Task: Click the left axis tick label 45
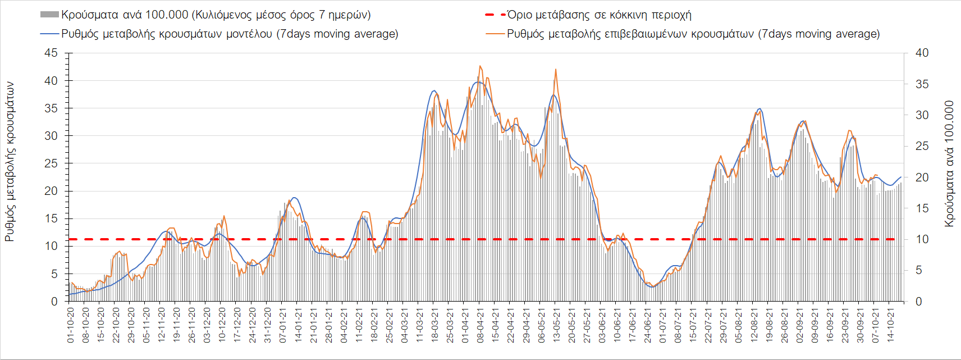click(x=51, y=53)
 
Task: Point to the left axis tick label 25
click(x=51, y=163)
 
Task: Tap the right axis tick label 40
click(x=922, y=53)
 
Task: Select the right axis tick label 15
click(x=922, y=208)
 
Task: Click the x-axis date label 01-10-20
click(x=71, y=325)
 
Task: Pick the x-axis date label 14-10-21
click(x=890, y=325)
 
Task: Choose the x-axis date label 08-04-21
click(x=480, y=325)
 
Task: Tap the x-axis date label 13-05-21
click(x=556, y=325)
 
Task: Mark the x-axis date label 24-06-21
click(x=647, y=325)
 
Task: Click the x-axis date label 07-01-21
click(x=283, y=325)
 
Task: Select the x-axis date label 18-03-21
click(x=434, y=325)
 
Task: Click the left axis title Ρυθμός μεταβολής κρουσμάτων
click(x=10, y=162)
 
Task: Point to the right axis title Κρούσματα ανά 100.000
click(x=949, y=163)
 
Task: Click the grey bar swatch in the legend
click(x=49, y=15)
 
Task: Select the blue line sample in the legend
click(x=49, y=34)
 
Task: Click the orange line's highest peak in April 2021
click(x=480, y=66)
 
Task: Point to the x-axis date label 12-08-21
click(x=753, y=325)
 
